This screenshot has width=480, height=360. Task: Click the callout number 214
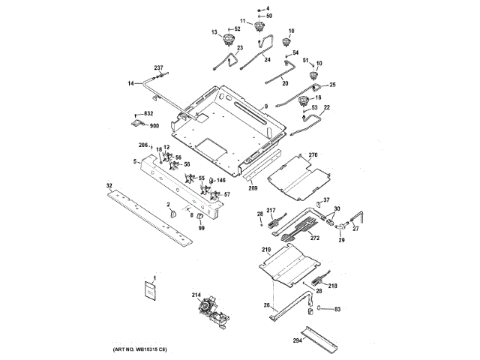196,295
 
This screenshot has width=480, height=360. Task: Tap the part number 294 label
298,340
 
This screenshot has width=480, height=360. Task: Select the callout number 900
154,125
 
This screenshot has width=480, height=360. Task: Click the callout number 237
158,68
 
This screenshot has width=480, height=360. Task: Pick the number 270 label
313,155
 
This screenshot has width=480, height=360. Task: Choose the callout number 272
314,238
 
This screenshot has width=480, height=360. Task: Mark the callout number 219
265,249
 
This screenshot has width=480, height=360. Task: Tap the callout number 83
337,308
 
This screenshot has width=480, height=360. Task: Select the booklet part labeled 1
150,291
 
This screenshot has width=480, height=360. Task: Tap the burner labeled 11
261,28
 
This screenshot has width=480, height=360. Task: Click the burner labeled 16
304,100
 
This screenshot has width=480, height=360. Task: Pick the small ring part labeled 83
320,308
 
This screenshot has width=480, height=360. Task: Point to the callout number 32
109,185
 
